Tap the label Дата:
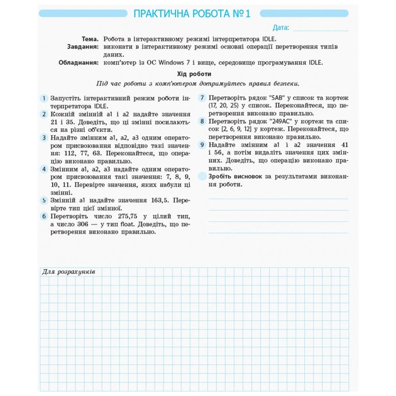[x=281, y=28]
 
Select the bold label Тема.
[x=89, y=39]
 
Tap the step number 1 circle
[x=44, y=99]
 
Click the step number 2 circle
[x=44, y=115]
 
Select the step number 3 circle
[x=44, y=137]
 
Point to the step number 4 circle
[x=44, y=169]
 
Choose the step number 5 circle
[x=44, y=200]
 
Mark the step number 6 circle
[x=44, y=216]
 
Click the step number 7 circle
[x=202, y=98]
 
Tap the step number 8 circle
[x=202, y=121]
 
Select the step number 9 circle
[x=202, y=145]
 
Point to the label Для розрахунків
[x=69, y=272]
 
